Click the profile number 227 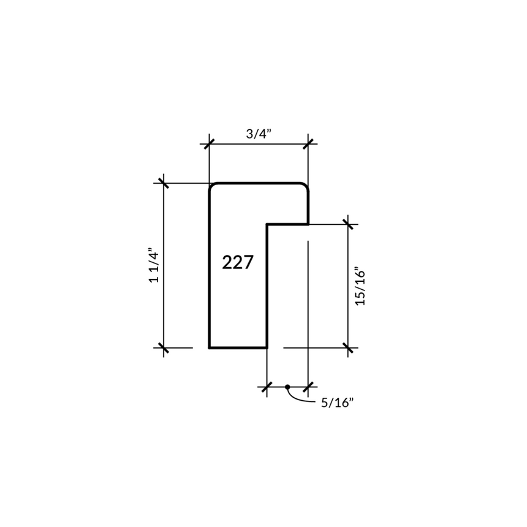[238, 262]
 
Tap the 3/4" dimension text [259, 134]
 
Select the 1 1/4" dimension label [154, 265]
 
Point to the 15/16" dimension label [360, 286]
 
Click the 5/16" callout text [338, 403]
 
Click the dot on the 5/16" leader [287, 387]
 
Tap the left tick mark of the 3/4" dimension [209, 144]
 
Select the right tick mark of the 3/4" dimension [308, 144]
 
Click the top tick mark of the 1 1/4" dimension [164, 183]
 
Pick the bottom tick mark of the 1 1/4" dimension [164, 348]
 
